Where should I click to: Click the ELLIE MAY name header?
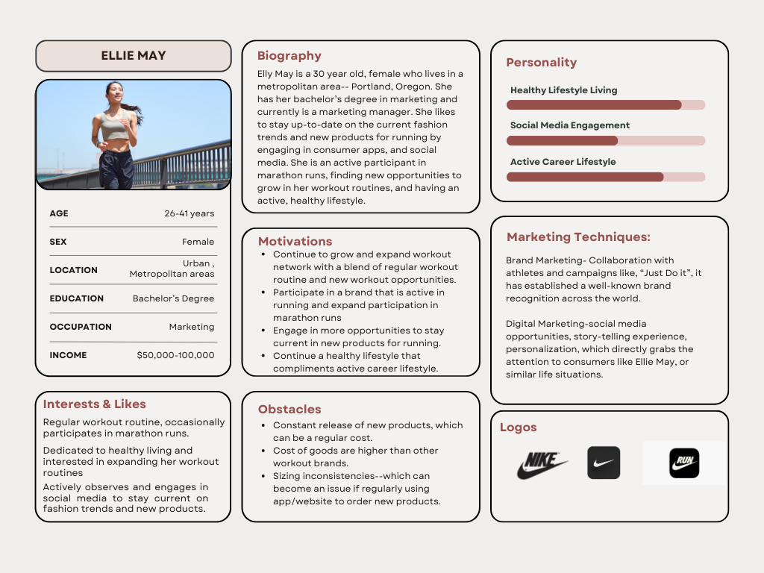pos(134,56)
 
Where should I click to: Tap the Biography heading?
pos(289,56)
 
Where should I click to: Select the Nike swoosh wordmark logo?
pos(542,465)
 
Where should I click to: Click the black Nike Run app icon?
pos(683,463)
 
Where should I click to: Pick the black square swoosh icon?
pos(604,463)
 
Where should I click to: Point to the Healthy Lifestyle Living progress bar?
pos(606,105)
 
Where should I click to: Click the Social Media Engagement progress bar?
pos(606,140)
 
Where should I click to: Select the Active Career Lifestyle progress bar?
pos(606,177)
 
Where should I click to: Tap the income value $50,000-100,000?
pos(175,355)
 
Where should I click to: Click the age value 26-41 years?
pos(190,213)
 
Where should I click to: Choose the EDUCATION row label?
pos(77,298)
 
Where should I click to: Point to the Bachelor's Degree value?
pos(173,298)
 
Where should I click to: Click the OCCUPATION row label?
pos(81,327)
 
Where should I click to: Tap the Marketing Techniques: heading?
pos(578,237)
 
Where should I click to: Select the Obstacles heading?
pos(289,409)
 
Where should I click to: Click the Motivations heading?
pos(295,242)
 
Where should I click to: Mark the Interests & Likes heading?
pos(95,404)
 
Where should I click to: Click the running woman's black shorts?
pos(116,166)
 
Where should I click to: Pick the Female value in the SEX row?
pos(198,242)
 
